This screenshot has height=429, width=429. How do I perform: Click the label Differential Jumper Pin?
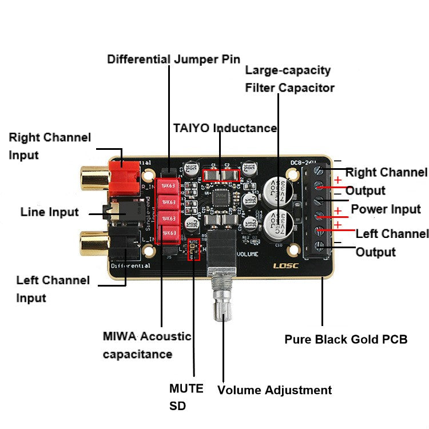coord(174,59)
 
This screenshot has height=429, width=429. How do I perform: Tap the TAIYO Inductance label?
coord(225,128)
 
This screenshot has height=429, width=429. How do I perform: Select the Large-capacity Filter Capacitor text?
coord(289,79)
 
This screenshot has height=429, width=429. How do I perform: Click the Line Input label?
coord(50,212)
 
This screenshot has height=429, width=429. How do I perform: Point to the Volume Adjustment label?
coord(274,390)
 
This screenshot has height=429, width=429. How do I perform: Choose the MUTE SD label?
coord(186,397)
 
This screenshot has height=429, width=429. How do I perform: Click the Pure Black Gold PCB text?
coord(345,339)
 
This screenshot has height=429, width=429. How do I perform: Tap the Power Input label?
coord(386,209)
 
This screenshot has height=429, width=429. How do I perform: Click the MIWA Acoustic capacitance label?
coord(147,345)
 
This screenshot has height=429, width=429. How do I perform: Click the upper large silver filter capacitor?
coord(279,188)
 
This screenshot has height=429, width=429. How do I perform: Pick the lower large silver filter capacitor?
coord(279,222)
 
